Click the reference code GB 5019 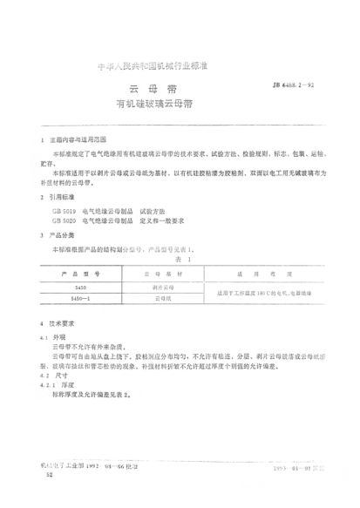[x=64, y=212]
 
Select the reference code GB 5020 [x=64, y=222]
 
